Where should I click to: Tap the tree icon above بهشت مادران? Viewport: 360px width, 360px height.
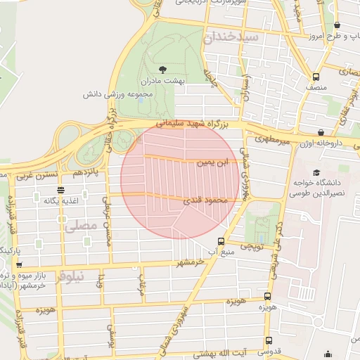click(163, 69)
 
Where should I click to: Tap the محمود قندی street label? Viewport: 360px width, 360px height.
click(207, 200)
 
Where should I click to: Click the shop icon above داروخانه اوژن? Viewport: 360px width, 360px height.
click(321, 132)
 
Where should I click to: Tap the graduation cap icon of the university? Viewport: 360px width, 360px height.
click(316, 172)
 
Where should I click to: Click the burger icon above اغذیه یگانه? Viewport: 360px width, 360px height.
click(61, 190)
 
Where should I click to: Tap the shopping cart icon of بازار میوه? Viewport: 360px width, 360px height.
click(18, 266)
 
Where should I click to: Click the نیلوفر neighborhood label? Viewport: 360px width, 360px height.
click(71, 276)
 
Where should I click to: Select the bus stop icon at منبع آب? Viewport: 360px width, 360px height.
click(222, 240)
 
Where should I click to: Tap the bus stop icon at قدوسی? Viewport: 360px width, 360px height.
click(266, 341)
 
